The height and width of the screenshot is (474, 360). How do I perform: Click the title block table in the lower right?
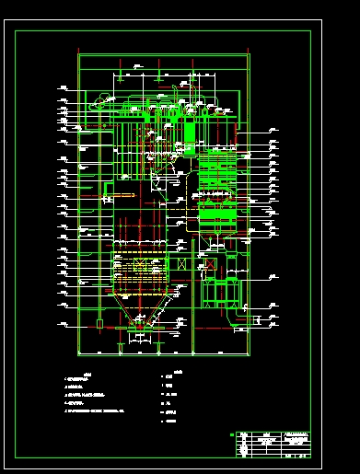(x=273, y=445)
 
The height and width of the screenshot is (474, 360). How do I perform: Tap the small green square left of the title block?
(x=230, y=435)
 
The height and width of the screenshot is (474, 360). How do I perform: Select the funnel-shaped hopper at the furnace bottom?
(x=139, y=318)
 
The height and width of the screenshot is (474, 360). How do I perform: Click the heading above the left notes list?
(x=87, y=373)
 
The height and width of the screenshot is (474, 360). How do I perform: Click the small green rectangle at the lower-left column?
(x=99, y=324)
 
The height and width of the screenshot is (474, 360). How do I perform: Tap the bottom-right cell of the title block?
(x=298, y=455)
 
